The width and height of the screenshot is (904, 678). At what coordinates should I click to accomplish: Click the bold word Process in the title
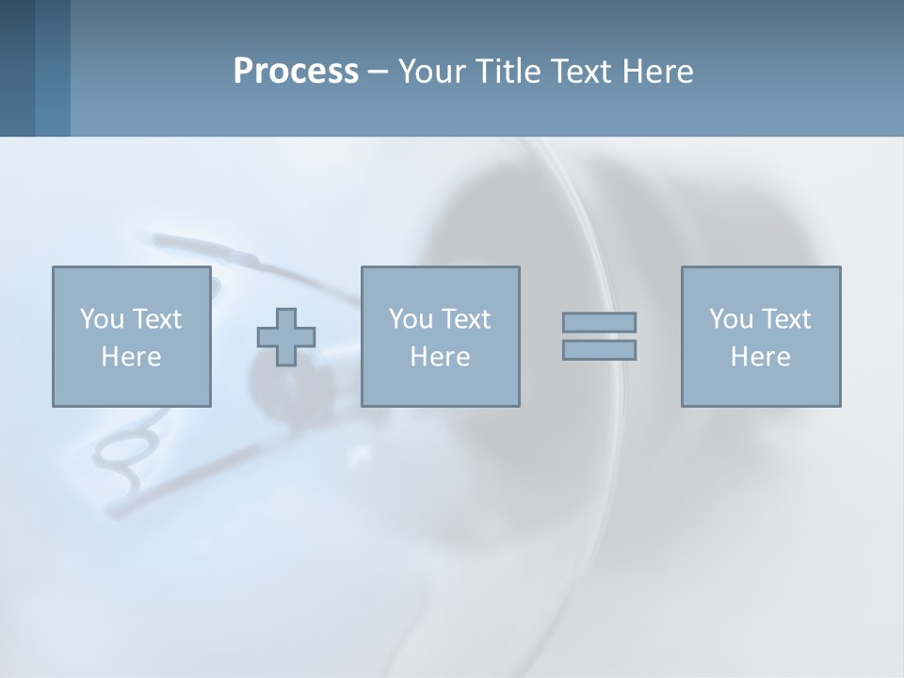click(x=296, y=72)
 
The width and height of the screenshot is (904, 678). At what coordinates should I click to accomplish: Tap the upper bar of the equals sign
click(x=599, y=322)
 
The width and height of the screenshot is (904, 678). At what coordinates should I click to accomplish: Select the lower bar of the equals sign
click(x=599, y=350)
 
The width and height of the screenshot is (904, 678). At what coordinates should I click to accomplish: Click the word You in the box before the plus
click(x=102, y=319)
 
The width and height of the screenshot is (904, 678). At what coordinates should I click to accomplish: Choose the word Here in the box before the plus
click(x=131, y=357)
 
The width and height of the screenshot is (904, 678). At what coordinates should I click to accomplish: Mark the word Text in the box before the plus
click(x=155, y=319)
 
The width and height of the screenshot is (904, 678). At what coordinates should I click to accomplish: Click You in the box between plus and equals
click(x=411, y=319)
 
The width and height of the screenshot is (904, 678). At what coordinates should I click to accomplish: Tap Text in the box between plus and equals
click(x=465, y=319)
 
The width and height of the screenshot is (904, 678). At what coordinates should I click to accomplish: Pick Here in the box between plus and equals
click(x=440, y=357)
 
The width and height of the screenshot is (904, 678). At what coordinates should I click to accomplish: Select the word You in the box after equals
click(x=731, y=319)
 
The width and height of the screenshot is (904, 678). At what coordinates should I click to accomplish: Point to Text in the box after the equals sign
click(x=785, y=319)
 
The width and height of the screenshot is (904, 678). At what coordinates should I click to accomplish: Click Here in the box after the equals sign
click(x=760, y=357)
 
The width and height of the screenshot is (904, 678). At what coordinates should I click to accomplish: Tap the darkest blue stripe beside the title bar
click(x=17, y=68)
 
